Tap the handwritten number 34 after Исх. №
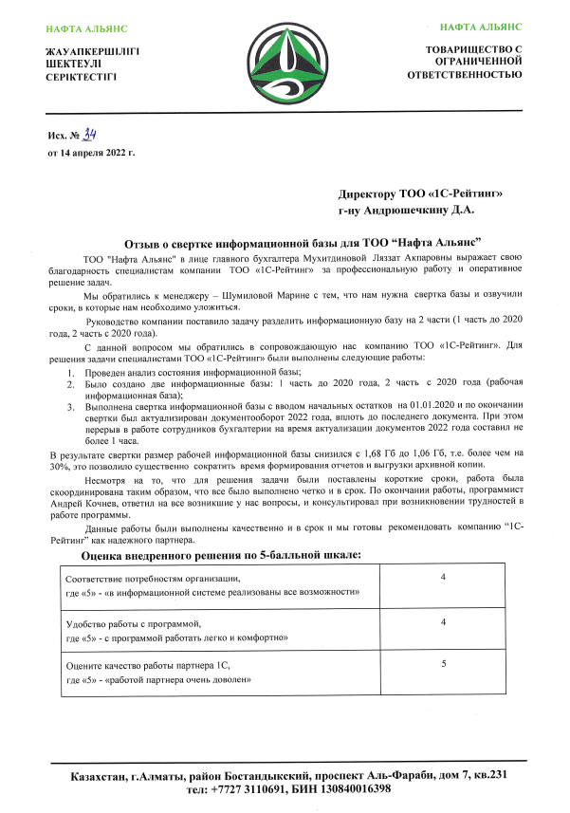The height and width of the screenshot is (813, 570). coord(92,134)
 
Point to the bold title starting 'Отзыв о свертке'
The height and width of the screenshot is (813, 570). coord(303,242)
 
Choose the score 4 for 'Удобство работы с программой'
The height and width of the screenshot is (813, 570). coord(443,621)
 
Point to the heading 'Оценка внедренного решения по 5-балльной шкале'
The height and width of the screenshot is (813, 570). coord(220,553)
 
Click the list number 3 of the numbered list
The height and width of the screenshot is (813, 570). coord(70,407)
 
